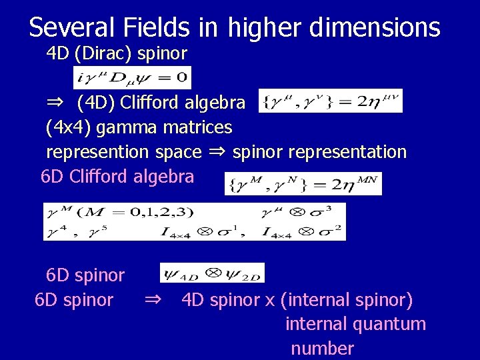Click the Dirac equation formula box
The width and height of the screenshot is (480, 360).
tap(132, 77)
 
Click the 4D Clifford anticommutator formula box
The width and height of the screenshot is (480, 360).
tap(329, 101)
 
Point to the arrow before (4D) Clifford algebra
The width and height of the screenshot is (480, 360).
tap(55, 103)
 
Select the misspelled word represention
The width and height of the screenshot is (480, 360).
tap(98, 152)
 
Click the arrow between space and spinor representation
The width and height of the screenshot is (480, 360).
tap(217, 152)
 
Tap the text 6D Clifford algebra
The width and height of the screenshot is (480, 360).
tap(117, 177)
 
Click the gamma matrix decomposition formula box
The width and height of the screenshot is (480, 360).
tap(194, 221)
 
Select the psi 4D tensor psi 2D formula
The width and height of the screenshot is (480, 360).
tap(212, 273)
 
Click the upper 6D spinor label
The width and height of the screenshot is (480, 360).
tap(85, 275)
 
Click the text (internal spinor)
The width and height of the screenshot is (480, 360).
tap(347, 300)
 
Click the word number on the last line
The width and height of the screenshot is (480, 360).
tap(322, 348)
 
